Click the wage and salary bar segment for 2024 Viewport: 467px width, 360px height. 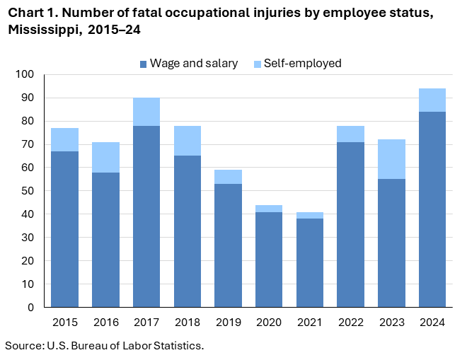pos(432,209)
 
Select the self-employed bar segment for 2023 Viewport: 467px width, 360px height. pos(391,159)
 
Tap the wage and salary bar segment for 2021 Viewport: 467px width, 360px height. pos(309,262)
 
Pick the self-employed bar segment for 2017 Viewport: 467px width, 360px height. pos(146,112)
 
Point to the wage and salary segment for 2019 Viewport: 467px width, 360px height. pos(228,245)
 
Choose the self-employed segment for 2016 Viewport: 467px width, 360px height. pos(105,157)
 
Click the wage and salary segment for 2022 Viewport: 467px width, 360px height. pos(350,224)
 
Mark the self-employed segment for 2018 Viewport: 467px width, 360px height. pos(187,141)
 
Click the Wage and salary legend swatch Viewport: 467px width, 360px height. pos(144,64)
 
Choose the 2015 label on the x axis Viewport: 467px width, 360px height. pos(64,323)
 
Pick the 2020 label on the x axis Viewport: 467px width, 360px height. pos(268,323)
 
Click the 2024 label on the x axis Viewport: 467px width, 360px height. pos(432,323)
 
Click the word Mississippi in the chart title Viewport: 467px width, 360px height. pos(42,30)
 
